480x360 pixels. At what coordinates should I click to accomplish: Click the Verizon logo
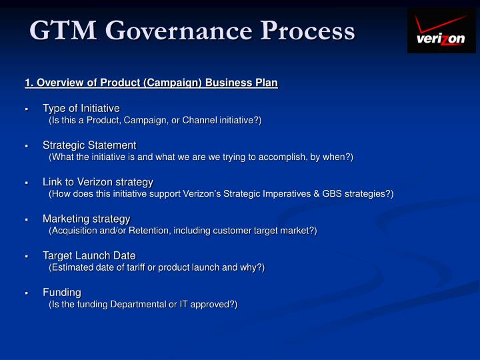[441, 31]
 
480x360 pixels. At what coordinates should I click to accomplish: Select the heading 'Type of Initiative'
[81, 108]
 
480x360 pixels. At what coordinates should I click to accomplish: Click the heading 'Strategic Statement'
[89, 145]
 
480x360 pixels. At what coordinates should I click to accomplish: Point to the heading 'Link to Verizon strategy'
[98, 181]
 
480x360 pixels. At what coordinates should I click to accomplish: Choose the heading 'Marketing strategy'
[87, 219]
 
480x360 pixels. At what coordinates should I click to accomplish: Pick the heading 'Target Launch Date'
[89, 255]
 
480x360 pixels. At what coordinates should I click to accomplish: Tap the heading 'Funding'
[62, 292]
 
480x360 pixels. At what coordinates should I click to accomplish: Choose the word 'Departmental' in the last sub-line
[140, 304]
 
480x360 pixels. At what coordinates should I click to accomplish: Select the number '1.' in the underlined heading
[29, 83]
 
